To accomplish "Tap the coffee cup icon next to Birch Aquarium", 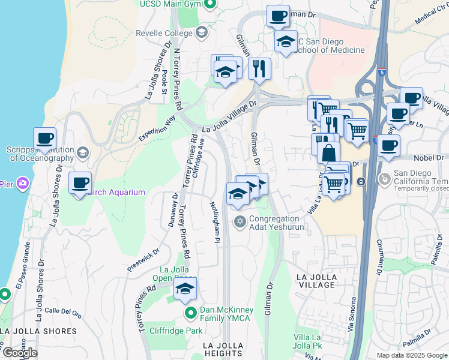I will click(80, 182).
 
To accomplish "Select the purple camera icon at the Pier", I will click(22, 182).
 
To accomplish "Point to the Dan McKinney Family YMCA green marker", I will click(191, 313).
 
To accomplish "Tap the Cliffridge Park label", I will click(176, 330).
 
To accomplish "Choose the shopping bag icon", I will click(330, 152).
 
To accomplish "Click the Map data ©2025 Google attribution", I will click(411, 355).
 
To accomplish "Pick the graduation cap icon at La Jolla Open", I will click(185, 289).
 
